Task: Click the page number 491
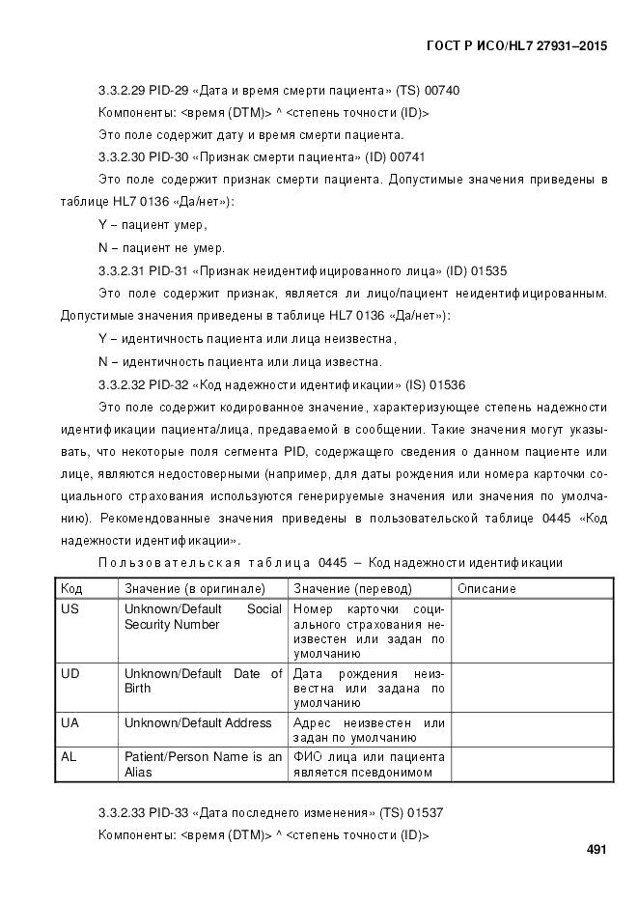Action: pyautogui.click(x=596, y=850)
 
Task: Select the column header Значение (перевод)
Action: pyautogui.click(x=352, y=588)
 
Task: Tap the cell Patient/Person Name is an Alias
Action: pyautogui.click(x=203, y=764)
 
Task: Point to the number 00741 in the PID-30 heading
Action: pyautogui.click(x=407, y=157)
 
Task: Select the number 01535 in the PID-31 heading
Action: pyautogui.click(x=489, y=271)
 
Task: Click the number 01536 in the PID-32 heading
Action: pyautogui.click(x=447, y=384)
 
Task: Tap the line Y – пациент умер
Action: pyautogui.click(x=153, y=225)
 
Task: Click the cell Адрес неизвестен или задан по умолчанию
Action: pyautogui.click(x=369, y=730)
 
